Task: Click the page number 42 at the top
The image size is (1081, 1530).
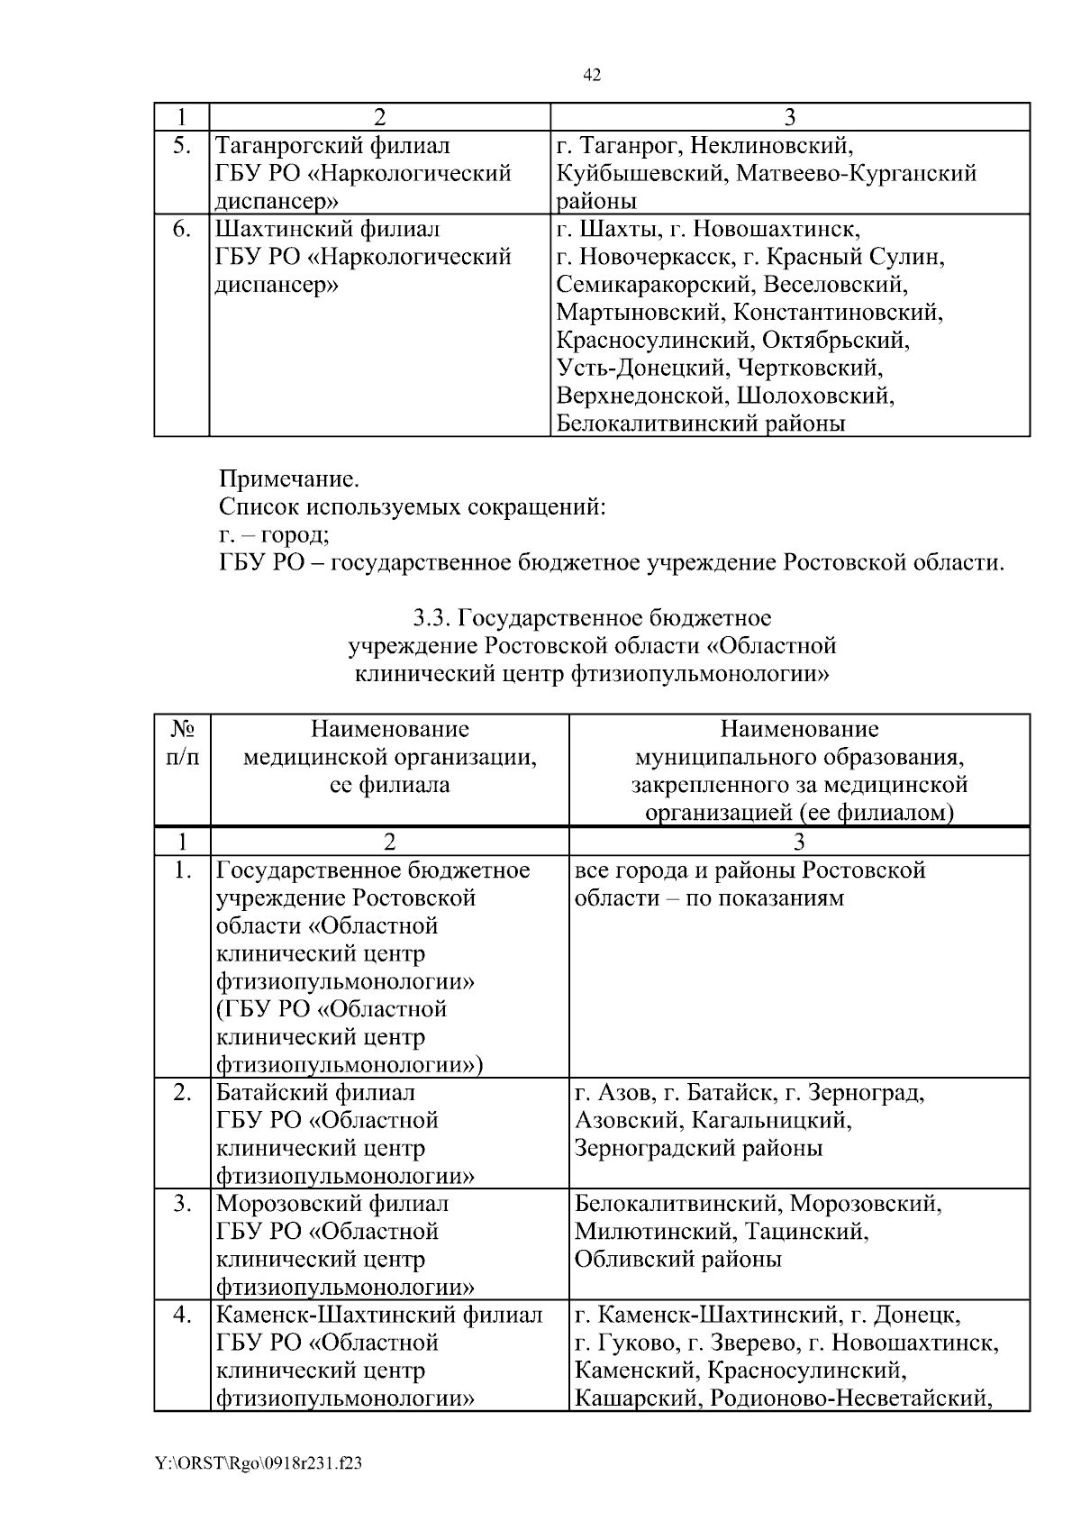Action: (592, 76)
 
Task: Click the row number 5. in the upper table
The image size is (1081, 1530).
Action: (181, 144)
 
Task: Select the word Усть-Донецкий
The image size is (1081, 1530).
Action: (642, 368)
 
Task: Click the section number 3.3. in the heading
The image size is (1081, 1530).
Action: (431, 618)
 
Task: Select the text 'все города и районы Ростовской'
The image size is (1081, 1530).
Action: (749, 870)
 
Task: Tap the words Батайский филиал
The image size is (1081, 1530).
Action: (316, 1093)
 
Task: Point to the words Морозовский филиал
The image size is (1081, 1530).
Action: (332, 1204)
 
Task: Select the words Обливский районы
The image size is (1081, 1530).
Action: (677, 1259)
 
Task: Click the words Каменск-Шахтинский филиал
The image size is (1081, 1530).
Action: (379, 1315)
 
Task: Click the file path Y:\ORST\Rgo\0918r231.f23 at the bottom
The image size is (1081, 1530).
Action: (259, 1464)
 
